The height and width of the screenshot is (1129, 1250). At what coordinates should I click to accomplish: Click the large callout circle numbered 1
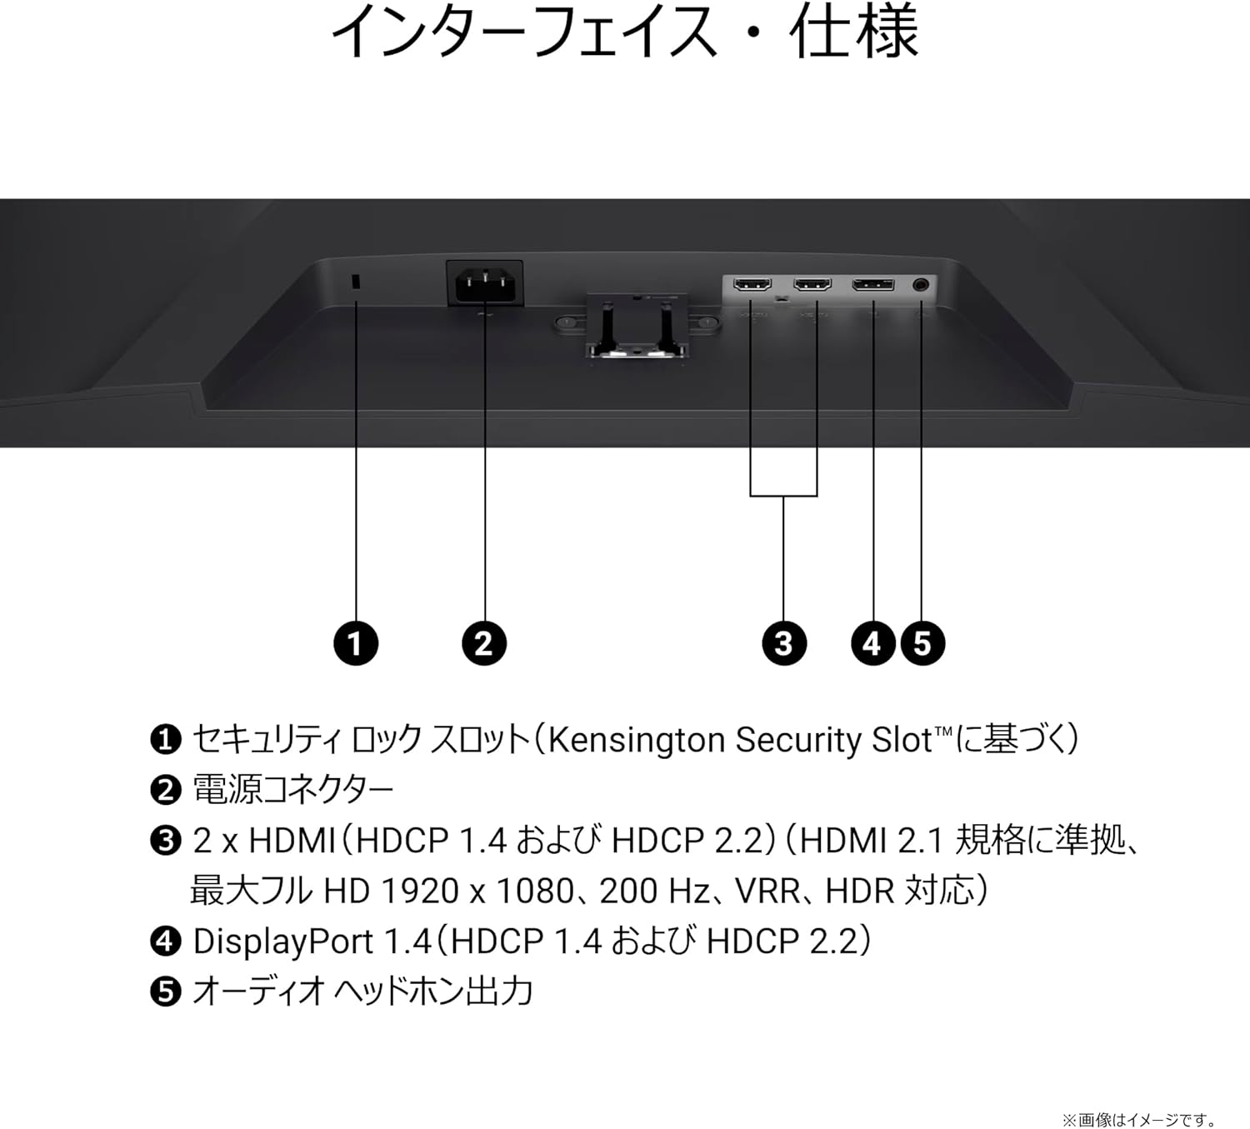pyautogui.click(x=356, y=643)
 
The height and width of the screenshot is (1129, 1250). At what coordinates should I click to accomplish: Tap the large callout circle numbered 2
pyautogui.click(x=484, y=643)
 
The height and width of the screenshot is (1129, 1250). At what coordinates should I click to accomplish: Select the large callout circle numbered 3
pyautogui.click(x=784, y=643)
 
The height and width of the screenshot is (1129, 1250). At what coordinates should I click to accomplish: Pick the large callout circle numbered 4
pyautogui.click(x=873, y=643)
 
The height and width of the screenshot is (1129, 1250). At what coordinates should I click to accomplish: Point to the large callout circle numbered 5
pyautogui.click(x=922, y=643)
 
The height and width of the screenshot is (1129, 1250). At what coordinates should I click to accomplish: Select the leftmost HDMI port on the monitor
pyautogui.click(x=752, y=285)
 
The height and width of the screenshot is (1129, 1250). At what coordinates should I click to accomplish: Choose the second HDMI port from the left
pyautogui.click(x=812, y=285)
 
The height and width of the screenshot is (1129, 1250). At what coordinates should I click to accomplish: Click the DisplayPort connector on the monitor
pyautogui.click(x=873, y=285)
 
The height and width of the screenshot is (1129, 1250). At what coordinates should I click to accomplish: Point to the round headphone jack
pyautogui.click(x=921, y=285)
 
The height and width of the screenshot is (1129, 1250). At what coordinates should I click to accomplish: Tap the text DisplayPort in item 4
pyautogui.click(x=282, y=942)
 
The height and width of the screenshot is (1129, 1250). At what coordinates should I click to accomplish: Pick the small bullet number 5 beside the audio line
pyautogui.click(x=166, y=992)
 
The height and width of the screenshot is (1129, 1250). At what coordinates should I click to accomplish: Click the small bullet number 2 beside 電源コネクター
pyautogui.click(x=166, y=791)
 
